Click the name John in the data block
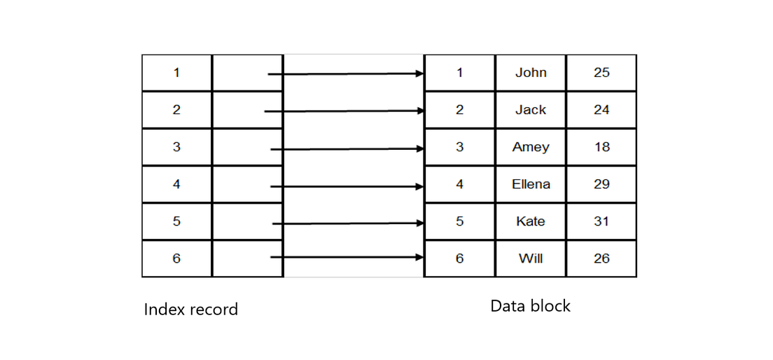coord(531,73)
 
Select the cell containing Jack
coord(531,110)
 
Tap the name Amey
coord(531,147)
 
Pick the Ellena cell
coord(531,184)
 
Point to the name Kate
coord(531,221)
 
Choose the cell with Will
coord(531,258)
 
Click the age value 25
coord(601,73)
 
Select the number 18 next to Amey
coord(601,147)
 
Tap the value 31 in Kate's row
coord(601,221)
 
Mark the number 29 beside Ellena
coord(601,184)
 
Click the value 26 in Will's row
coord(601,258)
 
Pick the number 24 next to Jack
coord(601,110)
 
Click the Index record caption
coord(191,309)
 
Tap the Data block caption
coord(530,306)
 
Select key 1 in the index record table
coord(176,73)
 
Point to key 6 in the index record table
coord(176,258)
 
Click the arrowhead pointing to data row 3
coord(419,148)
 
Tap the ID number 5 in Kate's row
coord(459,221)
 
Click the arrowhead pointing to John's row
coord(419,74)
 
